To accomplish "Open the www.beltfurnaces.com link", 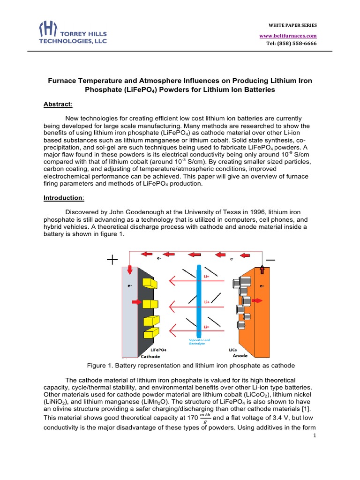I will (288, 36).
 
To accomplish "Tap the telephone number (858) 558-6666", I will (291, 44).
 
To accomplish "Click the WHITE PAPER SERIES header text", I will (292, 24).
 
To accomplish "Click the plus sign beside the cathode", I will (112, 260).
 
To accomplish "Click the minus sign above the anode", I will (270, 260).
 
